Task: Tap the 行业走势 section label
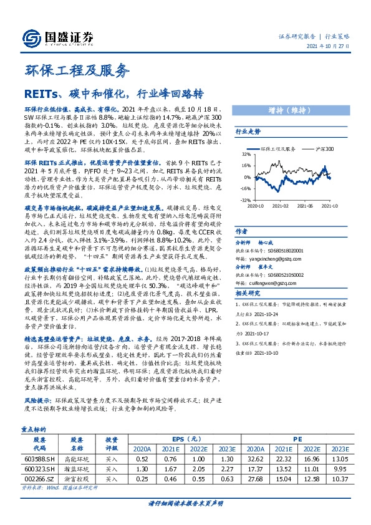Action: tap(247, 133)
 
